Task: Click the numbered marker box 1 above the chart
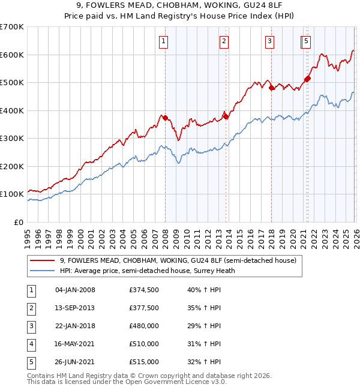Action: [x=164, y=41]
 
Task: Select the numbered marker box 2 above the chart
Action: [x=224, y=41]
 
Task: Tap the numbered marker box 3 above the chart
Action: [x=270, y=41]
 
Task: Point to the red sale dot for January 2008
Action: [x=165, y=118]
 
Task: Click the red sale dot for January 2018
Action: [x=271, y=88]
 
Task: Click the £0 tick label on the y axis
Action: [x=18, y=222]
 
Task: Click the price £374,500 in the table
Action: [x=143, y=290]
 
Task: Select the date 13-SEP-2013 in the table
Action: [x=75, y=308]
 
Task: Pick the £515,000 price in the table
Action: [x=143, y=362]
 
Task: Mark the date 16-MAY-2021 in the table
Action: [x=75, y=344]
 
